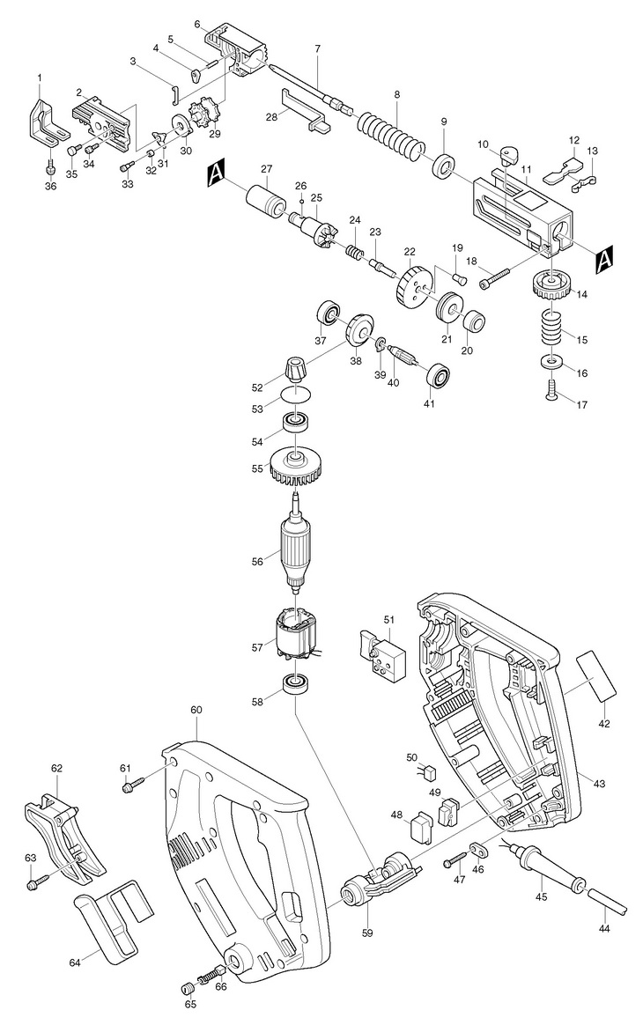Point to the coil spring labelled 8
pyautogui.click(x=392, y=135)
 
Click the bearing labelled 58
pyautogui.click(x=294, y=684)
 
